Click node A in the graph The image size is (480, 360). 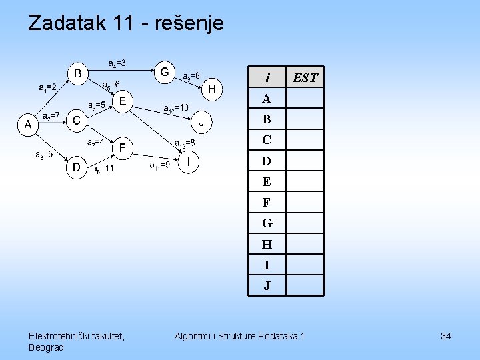click(x=28, y=124)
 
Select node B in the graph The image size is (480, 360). click(x=77, y=72)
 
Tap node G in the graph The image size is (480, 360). click(x=164, y=70)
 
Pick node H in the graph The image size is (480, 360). click(x=212, y=89)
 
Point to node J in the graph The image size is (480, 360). click(x=202, y=122)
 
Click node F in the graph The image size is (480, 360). click(x=123, y=147)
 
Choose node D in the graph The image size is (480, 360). click(x=77, y=167)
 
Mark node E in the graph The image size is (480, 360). click(x=122, y=101)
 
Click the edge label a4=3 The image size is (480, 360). click(x=117, y=63)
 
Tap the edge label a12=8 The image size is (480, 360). click(x=184, y=143)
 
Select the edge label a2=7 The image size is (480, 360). click(x=51, y=115)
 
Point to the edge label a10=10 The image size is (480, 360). click(x=176, y=107)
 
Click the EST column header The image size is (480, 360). click(x=305, y=78)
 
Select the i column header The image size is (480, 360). click(x=267, y=78)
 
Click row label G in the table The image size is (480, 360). click(x=267, y=223)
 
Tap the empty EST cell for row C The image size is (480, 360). click(x=305, y=140)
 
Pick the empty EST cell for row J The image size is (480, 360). click(x=305, y=285)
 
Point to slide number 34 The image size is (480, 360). click(x=445, y=336)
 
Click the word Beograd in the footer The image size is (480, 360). click(x=47, y=347)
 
